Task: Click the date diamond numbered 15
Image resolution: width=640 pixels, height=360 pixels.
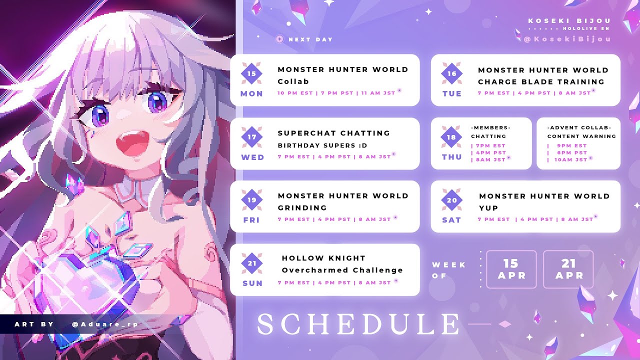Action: (251, 73)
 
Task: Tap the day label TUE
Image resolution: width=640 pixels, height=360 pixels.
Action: (451, 93)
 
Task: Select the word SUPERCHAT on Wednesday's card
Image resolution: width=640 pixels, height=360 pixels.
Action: (306, 133)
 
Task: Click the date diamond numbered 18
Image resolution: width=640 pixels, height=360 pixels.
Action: (451, 137)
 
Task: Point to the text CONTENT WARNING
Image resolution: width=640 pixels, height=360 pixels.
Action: (581, 136)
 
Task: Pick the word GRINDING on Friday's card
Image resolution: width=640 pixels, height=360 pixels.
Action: (302, 207)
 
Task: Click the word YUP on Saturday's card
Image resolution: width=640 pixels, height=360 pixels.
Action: (488, 208)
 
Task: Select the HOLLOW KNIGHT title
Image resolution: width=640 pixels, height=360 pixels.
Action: (323, 258)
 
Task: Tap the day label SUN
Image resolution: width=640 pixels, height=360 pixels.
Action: (252, 283)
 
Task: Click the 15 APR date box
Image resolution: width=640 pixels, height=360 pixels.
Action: (511, 269)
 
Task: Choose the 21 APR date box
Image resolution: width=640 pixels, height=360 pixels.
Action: (568, 269)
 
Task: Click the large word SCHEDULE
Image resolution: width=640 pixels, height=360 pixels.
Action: (358, 324)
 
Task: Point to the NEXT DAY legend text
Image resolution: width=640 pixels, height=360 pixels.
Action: (310, 39)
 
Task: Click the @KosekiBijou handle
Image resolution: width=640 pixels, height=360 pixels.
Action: (567, 39)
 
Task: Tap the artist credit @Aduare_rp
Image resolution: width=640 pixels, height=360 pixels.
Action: (105, 324)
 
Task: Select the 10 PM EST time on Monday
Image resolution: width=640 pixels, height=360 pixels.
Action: (295, 93)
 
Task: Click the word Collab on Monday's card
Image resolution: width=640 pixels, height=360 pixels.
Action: (293, 81)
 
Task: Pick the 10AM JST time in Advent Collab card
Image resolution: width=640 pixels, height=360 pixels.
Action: (570, 159)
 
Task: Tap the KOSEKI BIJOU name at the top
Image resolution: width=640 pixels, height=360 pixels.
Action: (569, 21)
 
